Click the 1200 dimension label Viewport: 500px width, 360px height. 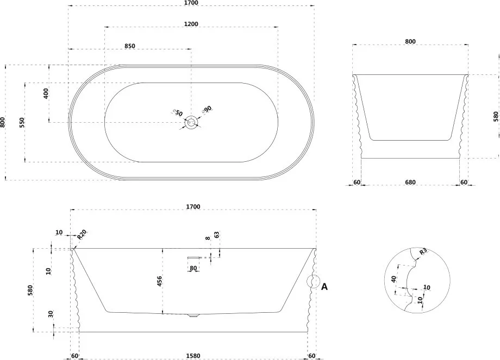click(191, 24)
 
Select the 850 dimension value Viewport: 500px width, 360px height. click(130, 46)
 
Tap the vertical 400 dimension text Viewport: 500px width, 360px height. click(46, 93)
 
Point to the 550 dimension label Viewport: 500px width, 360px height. click(22, 122)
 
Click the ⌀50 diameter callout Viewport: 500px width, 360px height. click(177, 112)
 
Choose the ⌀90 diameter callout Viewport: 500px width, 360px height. click(207, 110)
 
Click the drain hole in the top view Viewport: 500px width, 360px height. click(191, 122)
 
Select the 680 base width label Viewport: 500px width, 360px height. click(410, 182)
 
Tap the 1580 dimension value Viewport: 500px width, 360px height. click(193, 356)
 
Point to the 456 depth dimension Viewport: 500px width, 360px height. click(159, 281)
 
